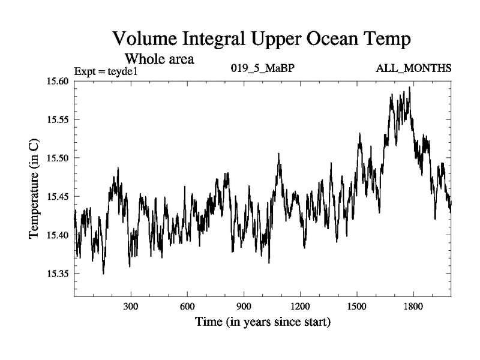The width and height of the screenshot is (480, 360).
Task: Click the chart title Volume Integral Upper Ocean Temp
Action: pyautogui.click(x=262, y=40)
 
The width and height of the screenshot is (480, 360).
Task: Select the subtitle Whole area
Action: pyautogui.click(x=159, y=59)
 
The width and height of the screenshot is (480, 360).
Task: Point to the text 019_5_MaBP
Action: pyautogui.click(x=262, y=68)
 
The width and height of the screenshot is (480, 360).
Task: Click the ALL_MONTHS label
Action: pyautogui.click(x=413, y=68)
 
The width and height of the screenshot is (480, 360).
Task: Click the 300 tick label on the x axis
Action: pyautogui.click(x=131, y=305)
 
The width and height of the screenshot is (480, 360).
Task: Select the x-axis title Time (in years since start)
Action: pyautogui.click(x=262, y=322)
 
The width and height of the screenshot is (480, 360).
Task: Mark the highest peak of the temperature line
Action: pyautogui.click(x=409, y=88)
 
